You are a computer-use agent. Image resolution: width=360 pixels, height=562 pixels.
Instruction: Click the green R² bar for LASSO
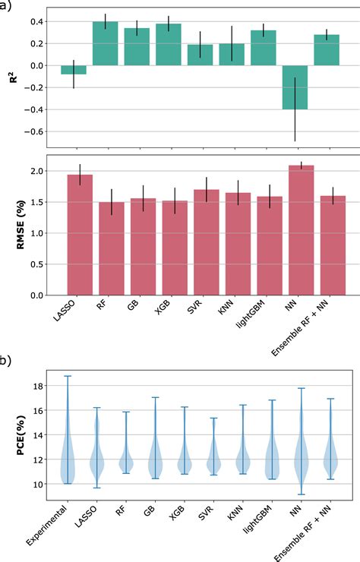[74, 70]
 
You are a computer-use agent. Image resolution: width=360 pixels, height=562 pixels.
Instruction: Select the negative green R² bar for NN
[295, 87]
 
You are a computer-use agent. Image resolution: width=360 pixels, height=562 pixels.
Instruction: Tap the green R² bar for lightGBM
[264, 48]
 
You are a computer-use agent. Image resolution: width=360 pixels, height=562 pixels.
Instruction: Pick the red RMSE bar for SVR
[206, 242]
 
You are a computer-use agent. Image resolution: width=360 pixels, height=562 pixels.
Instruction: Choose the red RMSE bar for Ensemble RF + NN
[333, 245]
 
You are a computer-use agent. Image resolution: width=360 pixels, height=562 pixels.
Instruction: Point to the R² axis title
[14, 77]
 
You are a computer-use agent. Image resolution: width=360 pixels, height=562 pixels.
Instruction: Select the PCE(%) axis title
[21, 435]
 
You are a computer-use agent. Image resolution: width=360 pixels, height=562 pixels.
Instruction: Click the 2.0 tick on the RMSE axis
[37, 171]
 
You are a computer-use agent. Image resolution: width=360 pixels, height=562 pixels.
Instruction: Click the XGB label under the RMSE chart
[163, 308]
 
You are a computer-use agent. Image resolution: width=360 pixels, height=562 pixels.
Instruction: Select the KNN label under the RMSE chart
[226, 308]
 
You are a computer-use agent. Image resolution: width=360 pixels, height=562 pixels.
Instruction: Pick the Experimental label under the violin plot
[46, 525]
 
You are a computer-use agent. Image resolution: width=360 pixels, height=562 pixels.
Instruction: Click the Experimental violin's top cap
[68, 376]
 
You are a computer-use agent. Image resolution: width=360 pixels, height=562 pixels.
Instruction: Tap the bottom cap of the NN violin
[302, 494]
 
